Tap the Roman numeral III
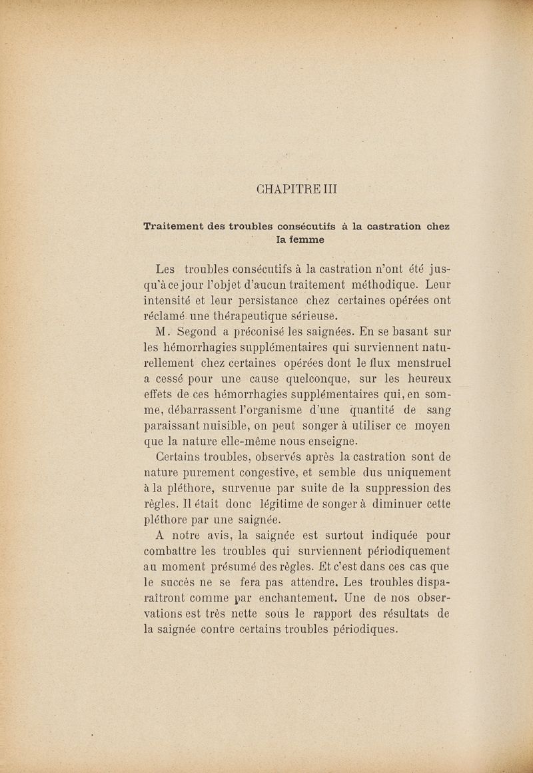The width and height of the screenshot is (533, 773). coord(331,189)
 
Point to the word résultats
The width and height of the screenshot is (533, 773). coord(404,613)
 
